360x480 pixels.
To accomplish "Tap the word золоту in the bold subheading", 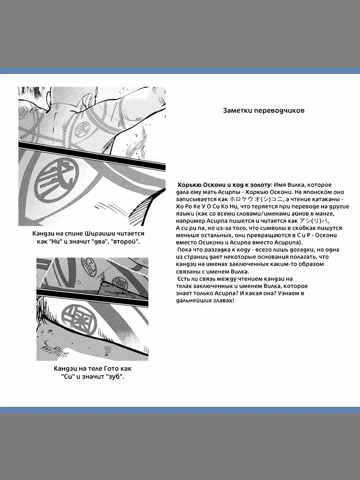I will (x=260, y=184).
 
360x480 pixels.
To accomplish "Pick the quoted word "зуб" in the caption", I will (x=114, y=377).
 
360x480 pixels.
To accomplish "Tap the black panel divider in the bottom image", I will (x=92, y=293).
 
